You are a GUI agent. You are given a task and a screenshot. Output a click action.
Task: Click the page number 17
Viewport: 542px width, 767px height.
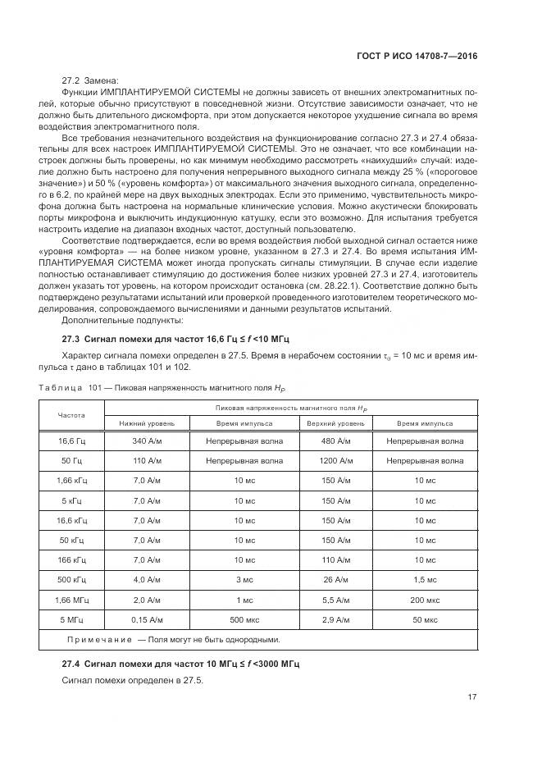click(x=472, y=697)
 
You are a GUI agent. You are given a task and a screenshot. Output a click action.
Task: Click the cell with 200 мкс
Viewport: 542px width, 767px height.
click(x=425, y=599)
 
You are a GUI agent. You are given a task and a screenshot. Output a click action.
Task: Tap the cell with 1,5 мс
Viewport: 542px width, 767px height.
click(x=425, y=579)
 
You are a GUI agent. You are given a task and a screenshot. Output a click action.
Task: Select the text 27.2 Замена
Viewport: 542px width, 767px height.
click(x=90, y=80)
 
